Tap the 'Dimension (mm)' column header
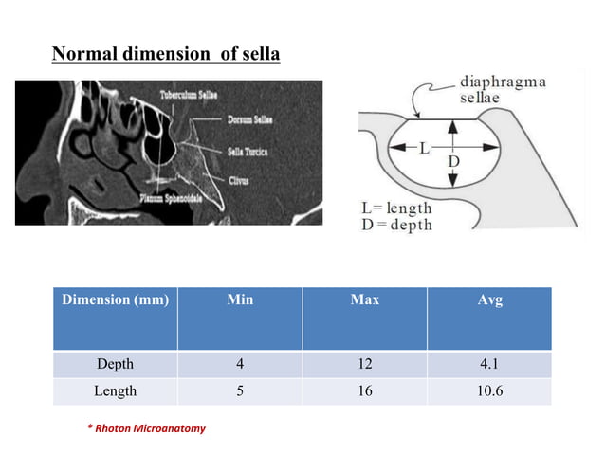115,300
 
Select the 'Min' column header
240,300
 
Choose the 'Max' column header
364,300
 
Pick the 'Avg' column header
489,300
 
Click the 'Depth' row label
115,364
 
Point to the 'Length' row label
115,390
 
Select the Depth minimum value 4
240,364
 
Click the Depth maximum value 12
364,364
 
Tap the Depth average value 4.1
489,364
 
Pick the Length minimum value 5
240,390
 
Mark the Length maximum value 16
364,390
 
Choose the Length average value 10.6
489,390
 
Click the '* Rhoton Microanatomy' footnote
146,428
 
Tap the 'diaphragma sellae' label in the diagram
502,89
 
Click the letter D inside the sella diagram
453,163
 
